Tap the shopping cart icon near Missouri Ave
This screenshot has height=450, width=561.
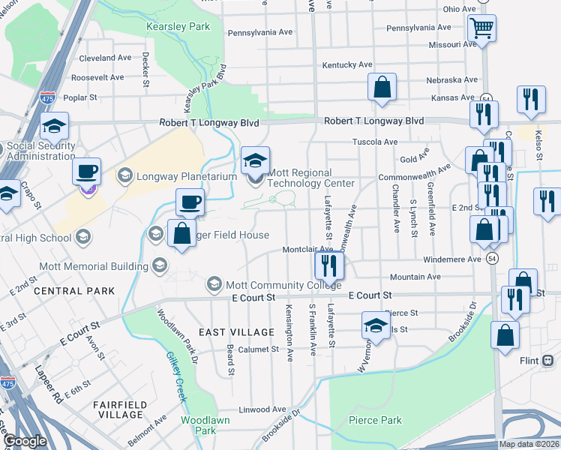[481, 29]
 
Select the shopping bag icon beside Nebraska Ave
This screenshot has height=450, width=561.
[382, 86]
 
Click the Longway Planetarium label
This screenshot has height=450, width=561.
[169, 177]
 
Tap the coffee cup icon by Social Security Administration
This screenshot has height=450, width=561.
[87, 171]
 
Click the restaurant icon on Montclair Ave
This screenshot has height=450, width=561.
[328, 264]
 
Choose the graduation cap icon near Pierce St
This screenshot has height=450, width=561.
[375, 325]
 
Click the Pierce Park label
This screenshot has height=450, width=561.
[375, 420]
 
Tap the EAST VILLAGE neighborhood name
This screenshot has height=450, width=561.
[236, 331]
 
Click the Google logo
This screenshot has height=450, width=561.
[24, 441]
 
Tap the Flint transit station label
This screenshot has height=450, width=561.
[529, 360]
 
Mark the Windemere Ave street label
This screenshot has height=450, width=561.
[453, 259]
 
